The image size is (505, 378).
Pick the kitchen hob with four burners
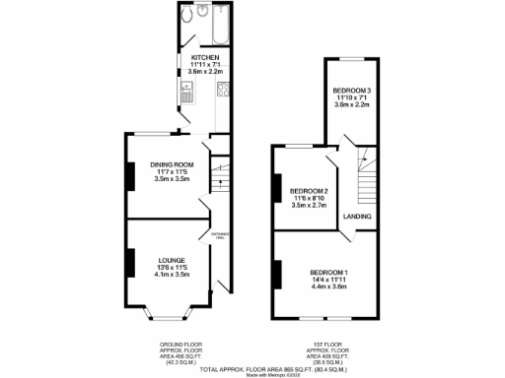pyautogui.click(x=223, y=94)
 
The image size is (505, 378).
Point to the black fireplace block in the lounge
pyautogui.click(x=127, y=264)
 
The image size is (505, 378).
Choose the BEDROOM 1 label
pyautogui.click(x=328, y=271)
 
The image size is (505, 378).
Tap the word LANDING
pyautogui.click(x=357, y=216)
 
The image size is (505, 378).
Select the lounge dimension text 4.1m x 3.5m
pyautogui.click(x=172, y=275)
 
